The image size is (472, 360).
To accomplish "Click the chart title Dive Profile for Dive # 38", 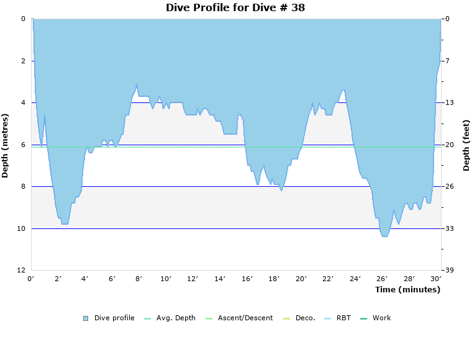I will point(235,7).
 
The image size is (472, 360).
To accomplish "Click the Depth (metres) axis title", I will point(6,145).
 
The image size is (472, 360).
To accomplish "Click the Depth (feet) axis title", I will point(466,145).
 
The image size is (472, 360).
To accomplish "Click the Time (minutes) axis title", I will point(407,289).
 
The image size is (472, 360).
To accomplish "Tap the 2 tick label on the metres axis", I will point(23,61).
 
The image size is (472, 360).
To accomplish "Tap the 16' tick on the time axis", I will point(247,279).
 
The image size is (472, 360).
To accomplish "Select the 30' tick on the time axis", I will point(437,279).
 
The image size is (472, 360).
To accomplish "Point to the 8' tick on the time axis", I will point(139,279).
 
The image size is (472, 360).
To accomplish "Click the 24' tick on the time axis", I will point(355,279).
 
